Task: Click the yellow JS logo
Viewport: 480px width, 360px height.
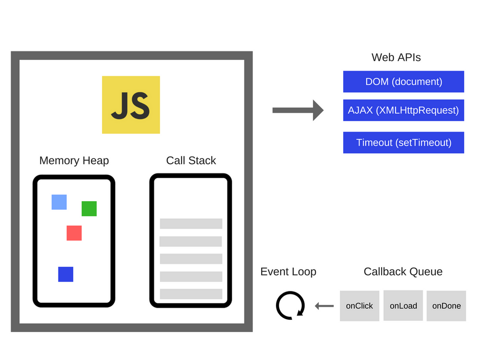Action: click(131, 105)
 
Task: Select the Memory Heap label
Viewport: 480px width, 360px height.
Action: click(74, 161)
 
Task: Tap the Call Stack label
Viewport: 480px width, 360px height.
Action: click(191, 161)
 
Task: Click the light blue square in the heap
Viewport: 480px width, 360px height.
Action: click(59, 202)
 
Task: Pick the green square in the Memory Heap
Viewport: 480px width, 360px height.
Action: click(89, 209)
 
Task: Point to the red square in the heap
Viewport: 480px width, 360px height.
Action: click(74, 233)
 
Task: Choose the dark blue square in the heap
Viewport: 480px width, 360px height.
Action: click(66, 274)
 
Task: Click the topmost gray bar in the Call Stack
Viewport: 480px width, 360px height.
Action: click(191, 224)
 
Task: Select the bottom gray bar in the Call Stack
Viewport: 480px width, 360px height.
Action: click(191, 294)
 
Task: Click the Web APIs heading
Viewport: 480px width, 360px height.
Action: click(396, 58)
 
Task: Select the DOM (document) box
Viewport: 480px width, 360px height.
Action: click(404, 82)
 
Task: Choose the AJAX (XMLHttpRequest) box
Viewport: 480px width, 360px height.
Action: click(404, 110)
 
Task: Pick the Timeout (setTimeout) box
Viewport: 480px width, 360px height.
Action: click(404, 143)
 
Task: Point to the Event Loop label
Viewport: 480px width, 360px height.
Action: click(288, 272)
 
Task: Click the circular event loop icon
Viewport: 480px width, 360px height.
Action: click(290, 306)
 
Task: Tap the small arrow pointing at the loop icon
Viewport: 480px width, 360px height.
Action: click(324, 306)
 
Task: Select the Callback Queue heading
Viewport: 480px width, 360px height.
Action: click(403, 272)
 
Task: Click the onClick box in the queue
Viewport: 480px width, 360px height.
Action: click(360, 306)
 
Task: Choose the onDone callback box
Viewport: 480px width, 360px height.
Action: click(446, 306)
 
